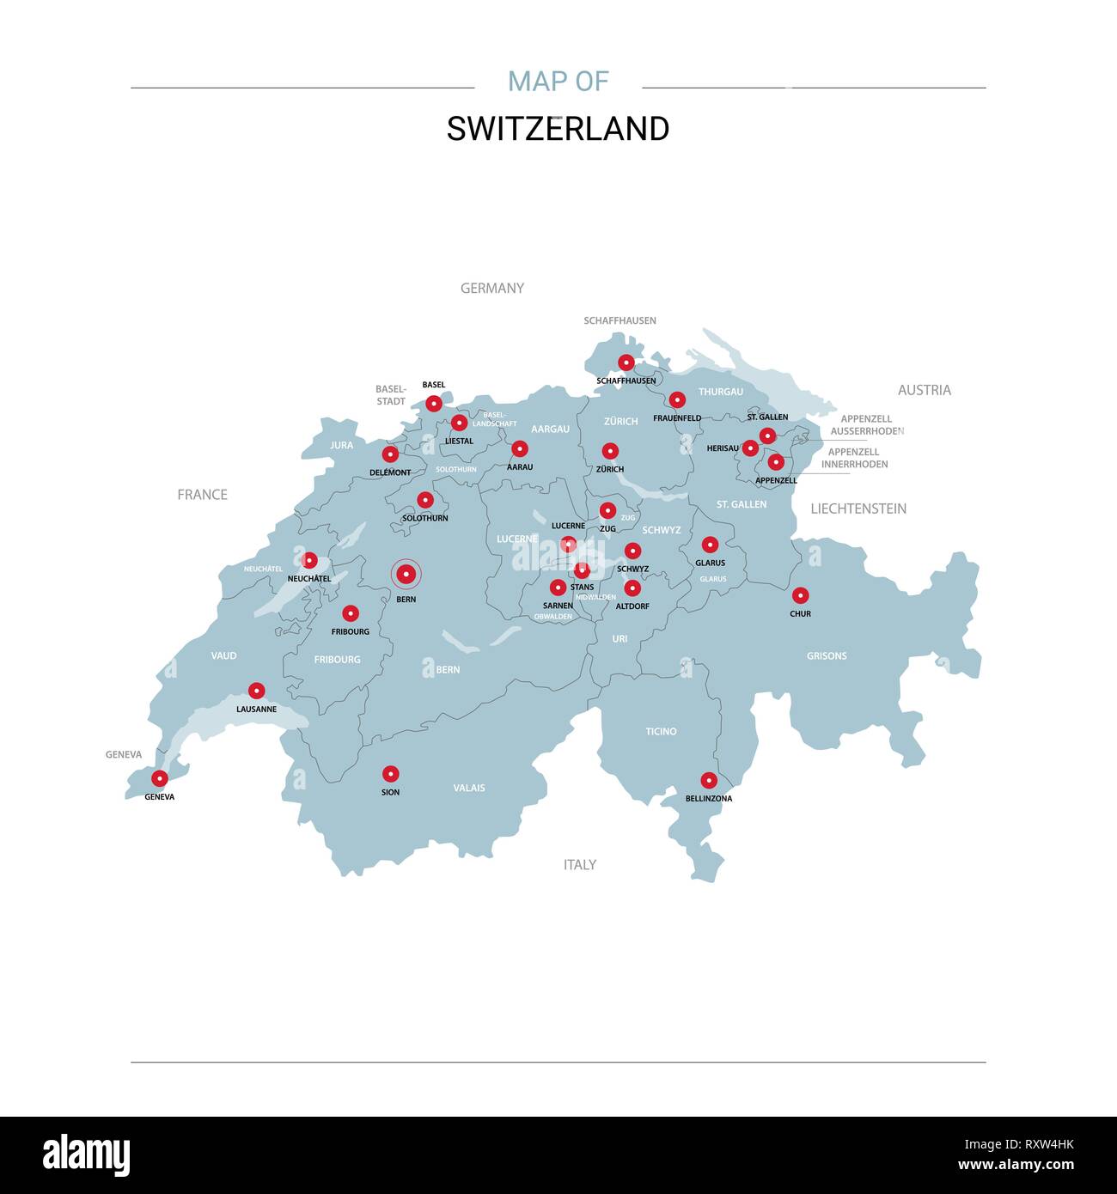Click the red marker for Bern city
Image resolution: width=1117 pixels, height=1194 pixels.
(406, 574)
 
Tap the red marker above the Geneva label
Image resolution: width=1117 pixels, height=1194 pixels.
(159, 778)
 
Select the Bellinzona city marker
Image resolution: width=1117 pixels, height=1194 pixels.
(709, 780)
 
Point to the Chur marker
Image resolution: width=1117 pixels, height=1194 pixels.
(800, 595)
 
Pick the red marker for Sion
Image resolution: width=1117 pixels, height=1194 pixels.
(390, 774)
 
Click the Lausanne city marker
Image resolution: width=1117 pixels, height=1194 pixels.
(256, 691)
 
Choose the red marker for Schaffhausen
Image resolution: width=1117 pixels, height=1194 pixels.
(626, 362)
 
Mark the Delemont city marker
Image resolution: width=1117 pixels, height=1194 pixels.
(390, 454)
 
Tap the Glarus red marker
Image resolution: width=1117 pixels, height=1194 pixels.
(710, 545)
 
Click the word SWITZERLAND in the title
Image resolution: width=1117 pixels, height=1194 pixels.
(558, 129)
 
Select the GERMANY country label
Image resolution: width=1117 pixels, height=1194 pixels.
(491, 289)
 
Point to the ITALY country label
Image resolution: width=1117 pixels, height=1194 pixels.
(579, 865)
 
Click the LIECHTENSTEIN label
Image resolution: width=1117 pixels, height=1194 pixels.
(858, 509)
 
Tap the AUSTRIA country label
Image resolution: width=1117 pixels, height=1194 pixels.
(924, 390)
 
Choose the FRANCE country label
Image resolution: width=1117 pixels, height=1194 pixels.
(202, 495)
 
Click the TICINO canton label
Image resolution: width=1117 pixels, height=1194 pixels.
(661, 732)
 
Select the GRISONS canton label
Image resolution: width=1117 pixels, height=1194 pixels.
(827, 656)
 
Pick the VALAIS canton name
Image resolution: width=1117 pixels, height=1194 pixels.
(469, 788)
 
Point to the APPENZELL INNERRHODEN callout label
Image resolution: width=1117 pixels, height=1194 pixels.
(854, 458)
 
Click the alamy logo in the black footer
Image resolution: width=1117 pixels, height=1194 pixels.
(86, 1154)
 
